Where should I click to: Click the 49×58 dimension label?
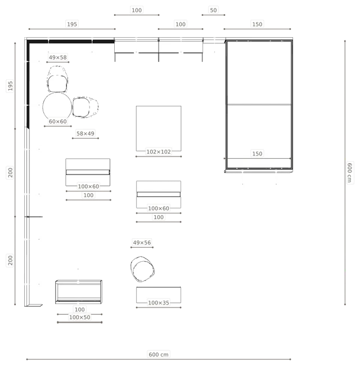tap(57, 57)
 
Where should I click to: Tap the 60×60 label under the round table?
tap(57, 122)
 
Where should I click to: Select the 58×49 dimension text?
tap(85, 134)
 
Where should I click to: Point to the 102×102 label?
tap(159, 152)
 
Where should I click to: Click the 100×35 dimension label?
tap(159, 303)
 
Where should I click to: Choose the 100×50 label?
tap(80, 318)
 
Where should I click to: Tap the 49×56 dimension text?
tap(142, 243)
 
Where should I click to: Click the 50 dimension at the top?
tap(213, 10)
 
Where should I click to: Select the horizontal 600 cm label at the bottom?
tap(159, 355)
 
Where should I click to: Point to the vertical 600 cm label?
tap(349, 173)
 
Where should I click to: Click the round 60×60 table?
tap(57, 107)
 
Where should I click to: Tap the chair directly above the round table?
tap(57, 79)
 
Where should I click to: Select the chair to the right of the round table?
tap(85, 107)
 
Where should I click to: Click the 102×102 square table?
tap(159, 128)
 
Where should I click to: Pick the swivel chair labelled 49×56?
tap(142, 269)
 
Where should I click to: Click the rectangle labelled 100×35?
tap(159, 295)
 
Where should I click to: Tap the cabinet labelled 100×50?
tap(79, 292)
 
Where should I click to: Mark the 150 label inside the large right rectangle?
tap(257, 154)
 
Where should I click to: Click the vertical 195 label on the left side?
tap(10, 86)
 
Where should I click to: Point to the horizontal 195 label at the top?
tap(72, 24)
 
